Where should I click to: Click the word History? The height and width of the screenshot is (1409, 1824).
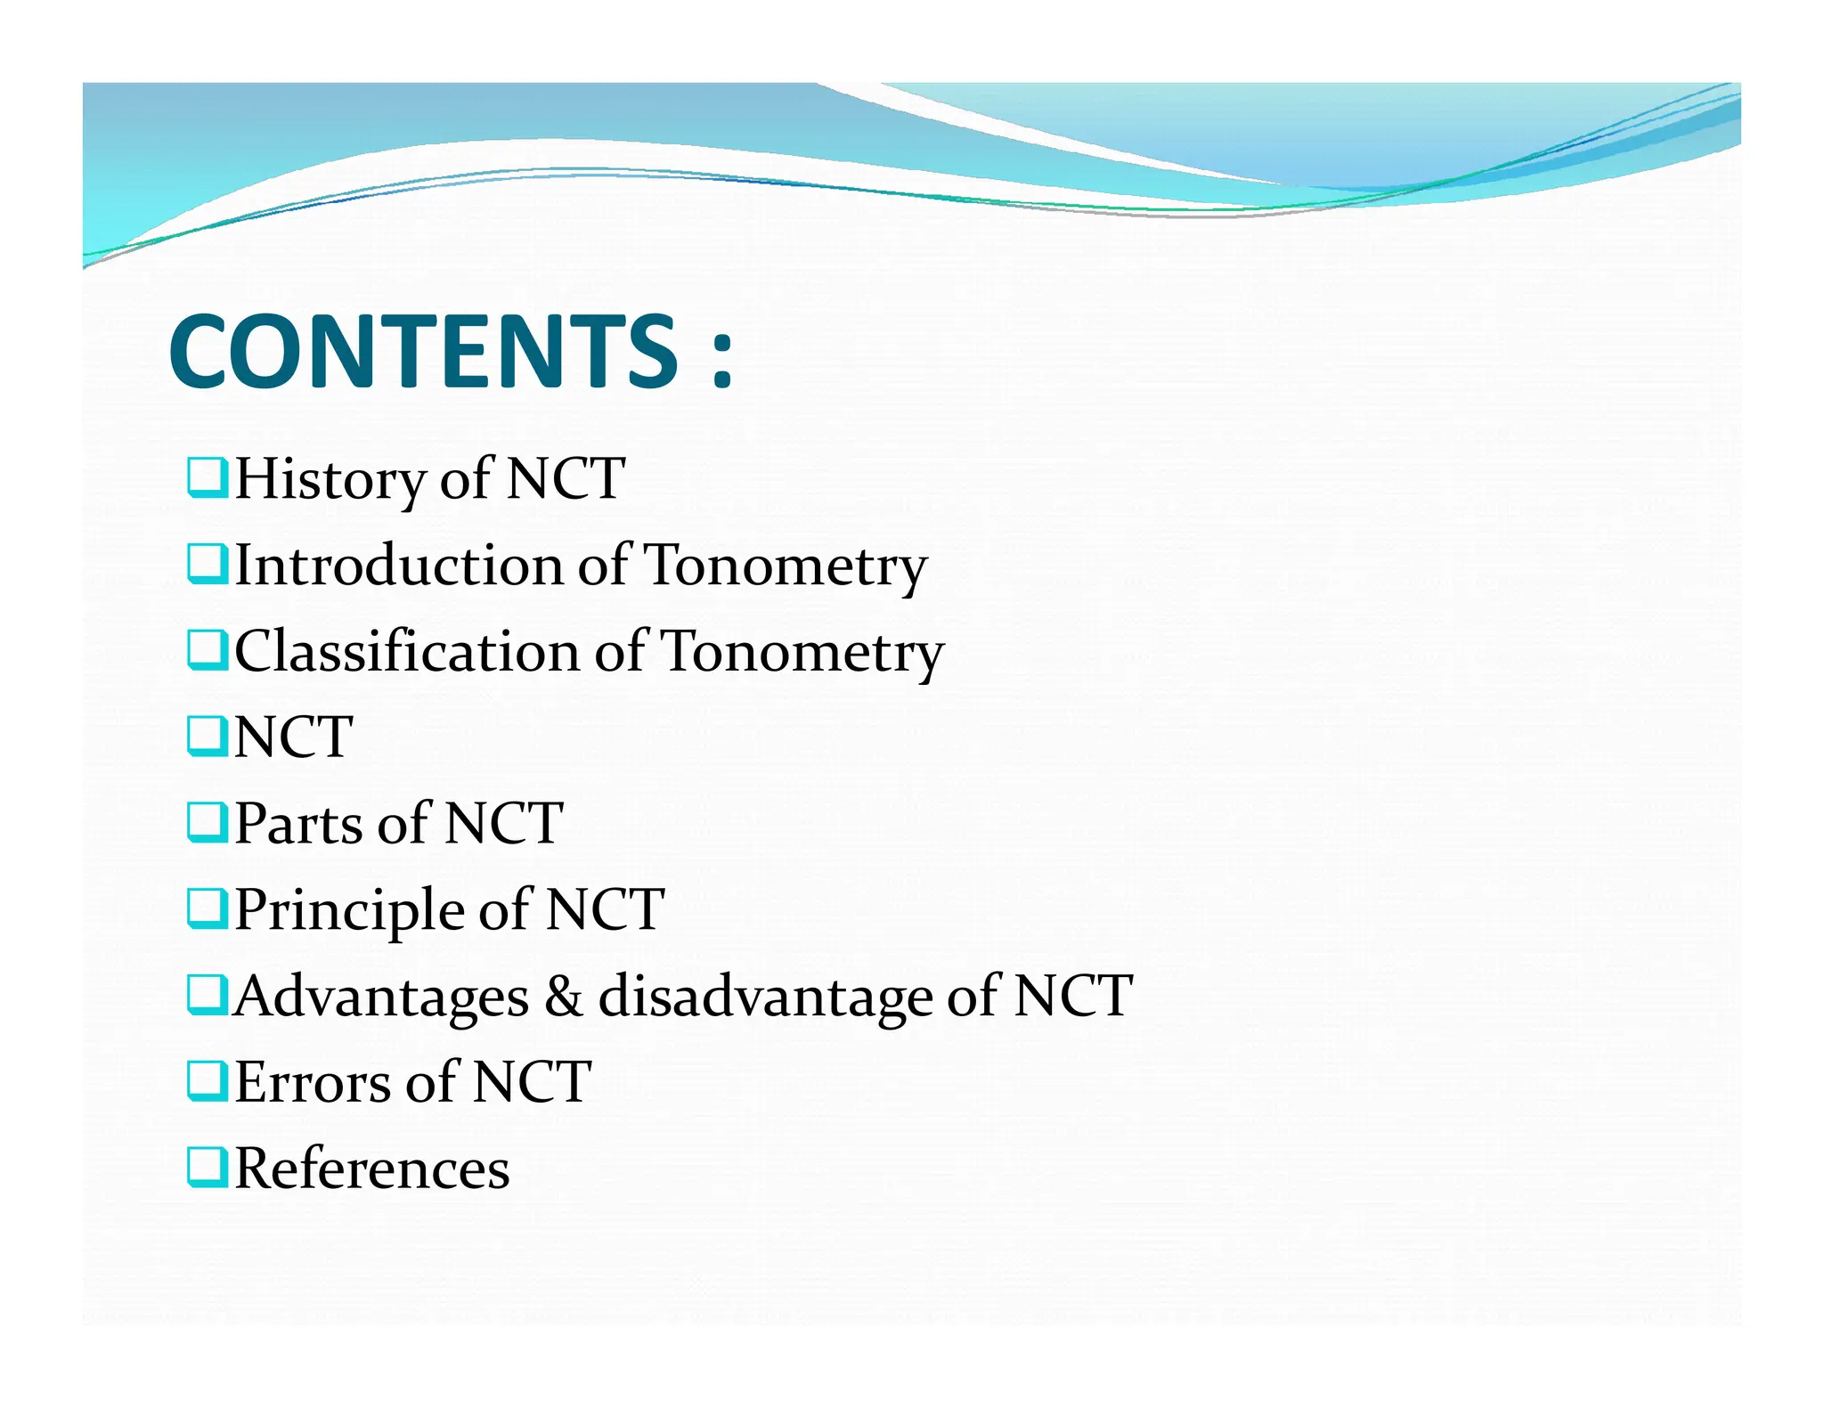point(330,479)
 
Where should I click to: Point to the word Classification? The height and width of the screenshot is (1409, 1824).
point(406,652)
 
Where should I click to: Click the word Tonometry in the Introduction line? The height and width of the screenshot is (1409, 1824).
point(785,567)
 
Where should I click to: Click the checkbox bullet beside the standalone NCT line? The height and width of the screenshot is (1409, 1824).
point(208,737)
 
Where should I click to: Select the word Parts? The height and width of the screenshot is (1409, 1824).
point(297,823)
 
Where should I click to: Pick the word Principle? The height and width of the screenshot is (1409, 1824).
point(348,911)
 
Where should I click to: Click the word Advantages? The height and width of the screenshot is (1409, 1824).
point(381,997)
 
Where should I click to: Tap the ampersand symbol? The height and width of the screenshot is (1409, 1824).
point(563,996)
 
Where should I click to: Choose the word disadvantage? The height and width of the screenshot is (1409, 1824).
point(765,997)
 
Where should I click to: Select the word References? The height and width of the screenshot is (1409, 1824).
point(371,1169)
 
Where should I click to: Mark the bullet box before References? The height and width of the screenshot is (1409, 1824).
point(208,1168)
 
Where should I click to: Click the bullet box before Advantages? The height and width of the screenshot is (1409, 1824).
point(208,995)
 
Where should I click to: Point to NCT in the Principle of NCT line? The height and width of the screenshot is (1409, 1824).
point(606,909)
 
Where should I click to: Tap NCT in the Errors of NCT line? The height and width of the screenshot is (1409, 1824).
point(532,1082)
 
